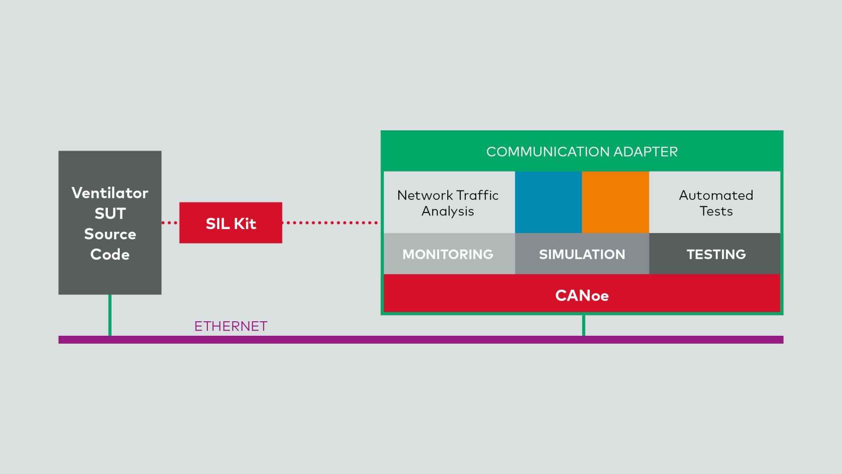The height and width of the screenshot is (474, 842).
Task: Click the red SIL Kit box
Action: pyautogui.click(x=231, y=223)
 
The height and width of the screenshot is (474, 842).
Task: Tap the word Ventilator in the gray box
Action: pyautogui.click(x=110, y=193)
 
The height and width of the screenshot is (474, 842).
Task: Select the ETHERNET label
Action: pyautogui.click(x=231, y=326)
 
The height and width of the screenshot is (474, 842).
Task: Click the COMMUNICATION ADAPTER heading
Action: pyautogui.click(x=582, y=152)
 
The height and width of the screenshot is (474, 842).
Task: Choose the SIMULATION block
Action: pyautogui.click(x=582, y=254)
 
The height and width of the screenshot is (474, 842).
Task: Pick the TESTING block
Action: pyautogui.click(x=715, y=254)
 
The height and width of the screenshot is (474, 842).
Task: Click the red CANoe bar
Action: pyautogui.click(x=582, y=293)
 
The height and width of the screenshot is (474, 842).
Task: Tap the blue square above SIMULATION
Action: pyautogui.click(x=549, y=202)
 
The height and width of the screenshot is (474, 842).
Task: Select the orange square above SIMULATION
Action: pyautogui.click(x=615, y=202)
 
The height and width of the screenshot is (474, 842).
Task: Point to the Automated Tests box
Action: pyautogui.click(x=715, y=202)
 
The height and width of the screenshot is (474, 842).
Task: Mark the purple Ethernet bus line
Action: pyautogui.click(x=421, y=340)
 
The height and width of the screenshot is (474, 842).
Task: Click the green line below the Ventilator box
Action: pyautogui.click(x=110, y=315)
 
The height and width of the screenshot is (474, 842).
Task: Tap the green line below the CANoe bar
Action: pyautogui.click(x=584, y=325)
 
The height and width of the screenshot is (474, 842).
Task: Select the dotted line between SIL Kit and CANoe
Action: pyautogui.click(x=330, y=223)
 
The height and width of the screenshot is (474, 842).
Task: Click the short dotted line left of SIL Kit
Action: pyautogui.click(x=170, y=223)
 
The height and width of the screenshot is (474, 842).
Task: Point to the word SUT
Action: pyautogui.click(x=110, y=213)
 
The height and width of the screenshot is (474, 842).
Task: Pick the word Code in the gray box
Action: pyautogui.click(x=110, y=255)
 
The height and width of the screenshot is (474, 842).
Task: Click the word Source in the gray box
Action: pyautogui.click(x=110, y=234)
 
